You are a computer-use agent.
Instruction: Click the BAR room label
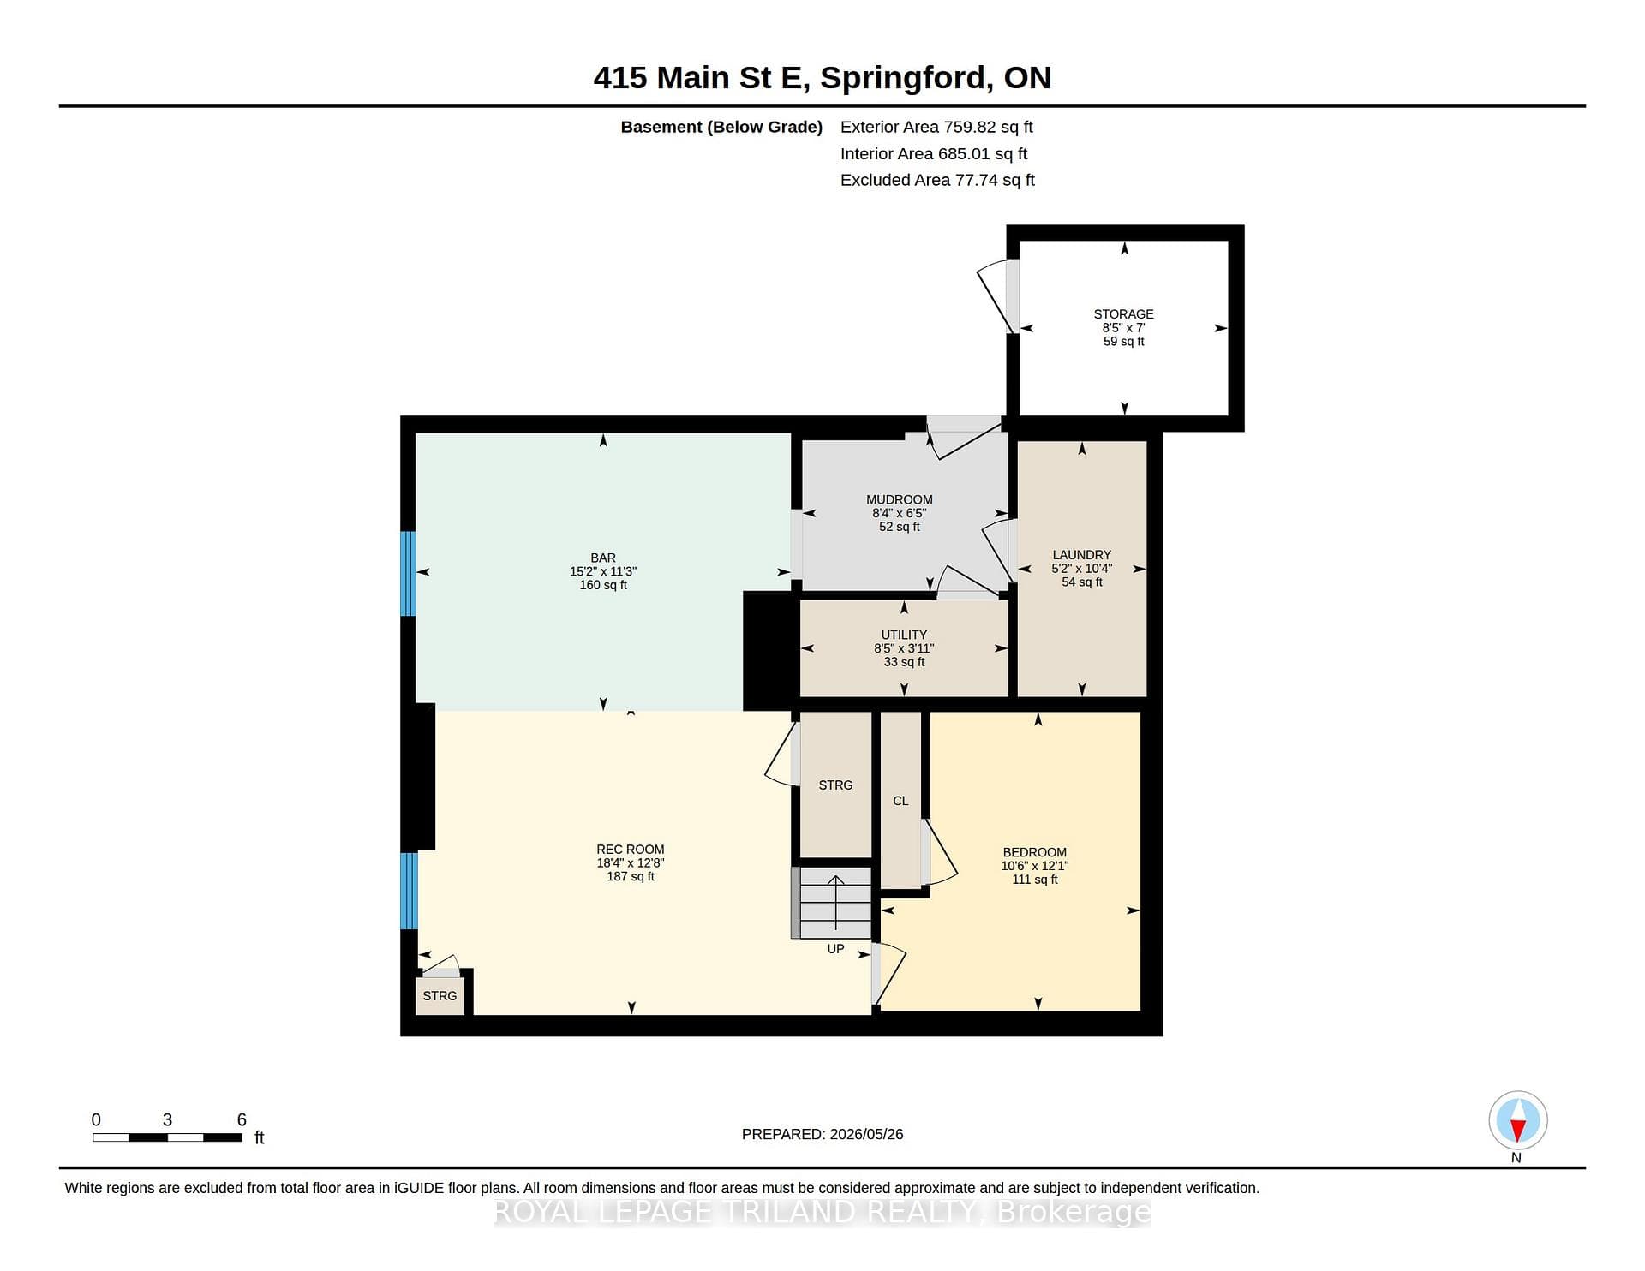pos(603,558)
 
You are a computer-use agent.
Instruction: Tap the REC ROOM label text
pos(631,850)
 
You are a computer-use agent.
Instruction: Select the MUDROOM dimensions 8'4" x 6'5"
pos(900,513)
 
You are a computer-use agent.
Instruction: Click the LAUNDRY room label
pos(1082,555)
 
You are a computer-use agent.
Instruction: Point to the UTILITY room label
pos(904,635)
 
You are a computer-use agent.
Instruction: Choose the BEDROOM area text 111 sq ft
pos(1035,880)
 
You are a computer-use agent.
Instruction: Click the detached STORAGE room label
pos(1123,314)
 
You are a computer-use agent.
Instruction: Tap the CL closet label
pos(900,801)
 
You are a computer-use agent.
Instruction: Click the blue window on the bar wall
pos(409,574)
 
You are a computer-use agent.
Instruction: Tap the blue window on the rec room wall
pos(409,891)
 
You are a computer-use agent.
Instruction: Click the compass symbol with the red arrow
pos(1518,1120)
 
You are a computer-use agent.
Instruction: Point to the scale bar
pos(167,1137)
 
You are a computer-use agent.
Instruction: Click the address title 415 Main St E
pos(699,78)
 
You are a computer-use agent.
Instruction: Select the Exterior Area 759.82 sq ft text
pos(936,127)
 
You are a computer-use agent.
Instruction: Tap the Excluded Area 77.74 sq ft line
pos(937,180)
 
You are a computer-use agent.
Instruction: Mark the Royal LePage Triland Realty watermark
pos(822,1212)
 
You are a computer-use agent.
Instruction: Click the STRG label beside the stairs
pos(835,785)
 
